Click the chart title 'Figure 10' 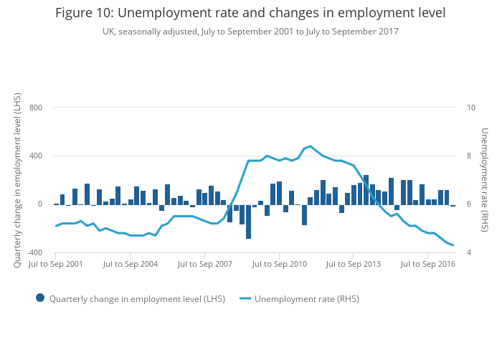click(250, 13)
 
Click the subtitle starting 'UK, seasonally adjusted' click(250, 32)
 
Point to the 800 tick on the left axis click(36, 108)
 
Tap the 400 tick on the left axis click(36, 156)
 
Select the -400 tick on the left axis click(34, 253)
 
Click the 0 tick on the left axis click(40, 204)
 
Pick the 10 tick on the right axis click(471, 108)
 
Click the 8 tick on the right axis click(469, 156)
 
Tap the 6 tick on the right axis click(469, 204)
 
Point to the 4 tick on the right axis click(469, 253)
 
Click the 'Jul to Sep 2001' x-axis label click(55, 265)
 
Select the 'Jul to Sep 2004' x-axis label click(130, 265)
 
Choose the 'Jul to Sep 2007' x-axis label click(204, 265)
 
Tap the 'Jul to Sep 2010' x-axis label click(279, 265)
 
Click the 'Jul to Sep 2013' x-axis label click(354, 265)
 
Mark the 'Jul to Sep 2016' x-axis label click(428, 265)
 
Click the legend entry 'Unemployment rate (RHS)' click(307, 299)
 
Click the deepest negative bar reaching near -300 click(248, 222)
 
